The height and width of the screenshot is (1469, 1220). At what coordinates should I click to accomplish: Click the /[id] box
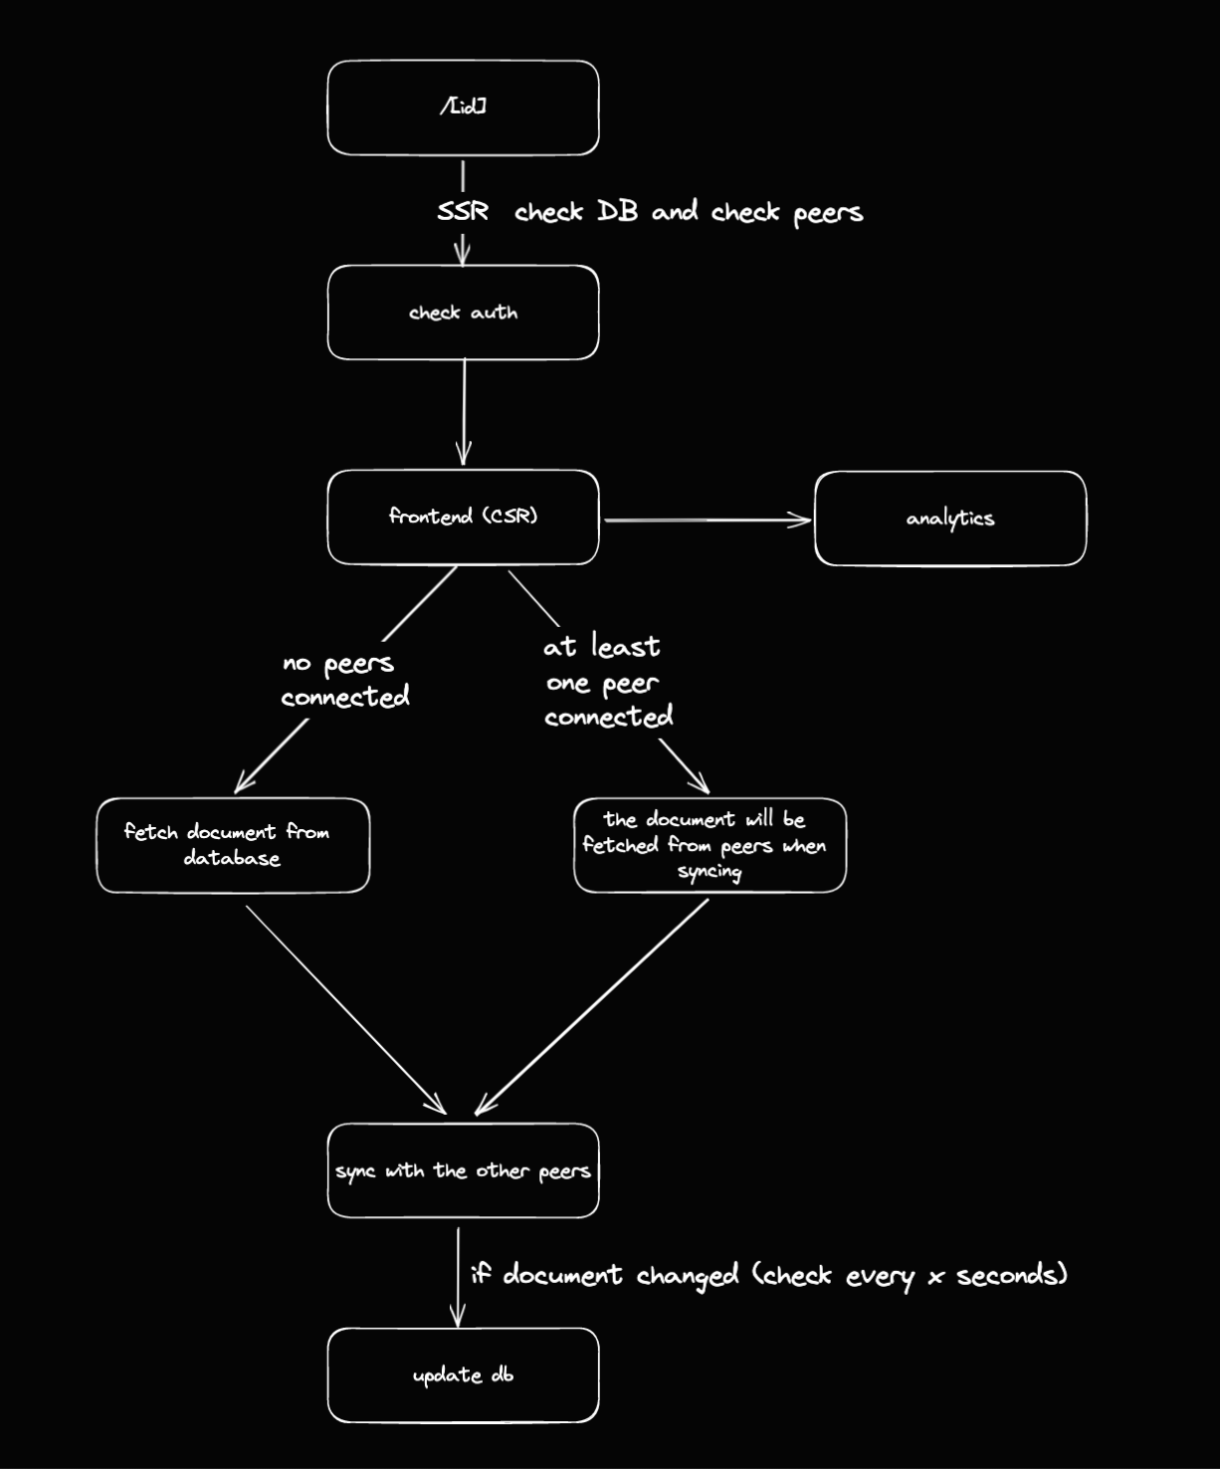(x=463, y=107)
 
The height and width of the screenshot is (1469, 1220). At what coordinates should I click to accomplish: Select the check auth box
(x=463, y=313)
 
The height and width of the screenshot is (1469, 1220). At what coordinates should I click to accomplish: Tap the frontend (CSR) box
(x=463, y=517)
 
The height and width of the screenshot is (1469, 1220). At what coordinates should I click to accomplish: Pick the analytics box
(x=949, y=519)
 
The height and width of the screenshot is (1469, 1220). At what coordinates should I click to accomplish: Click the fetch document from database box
(x=233, y=845)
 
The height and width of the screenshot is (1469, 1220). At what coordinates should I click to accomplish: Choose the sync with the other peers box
(x=463, y=1170)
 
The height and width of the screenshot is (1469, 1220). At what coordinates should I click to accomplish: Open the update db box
(x=463, y=1375)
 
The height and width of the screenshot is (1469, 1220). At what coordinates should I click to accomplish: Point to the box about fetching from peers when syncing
(x=710, y=845)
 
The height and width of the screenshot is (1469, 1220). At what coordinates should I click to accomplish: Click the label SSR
(x=463, y=211)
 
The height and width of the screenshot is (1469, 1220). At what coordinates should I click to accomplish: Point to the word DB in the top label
(x=617, y=211)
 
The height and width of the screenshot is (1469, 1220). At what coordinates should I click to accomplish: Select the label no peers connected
(x=343, y=680)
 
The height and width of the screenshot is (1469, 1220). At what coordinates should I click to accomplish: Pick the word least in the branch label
(x=625, y=647)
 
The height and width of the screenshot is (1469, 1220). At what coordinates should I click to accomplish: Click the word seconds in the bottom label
(x=1011, y=1275)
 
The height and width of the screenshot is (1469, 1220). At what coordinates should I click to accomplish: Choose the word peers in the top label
(x=827, y=213)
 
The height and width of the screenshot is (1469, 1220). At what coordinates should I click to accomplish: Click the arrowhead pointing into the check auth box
(x=462, y=255)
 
